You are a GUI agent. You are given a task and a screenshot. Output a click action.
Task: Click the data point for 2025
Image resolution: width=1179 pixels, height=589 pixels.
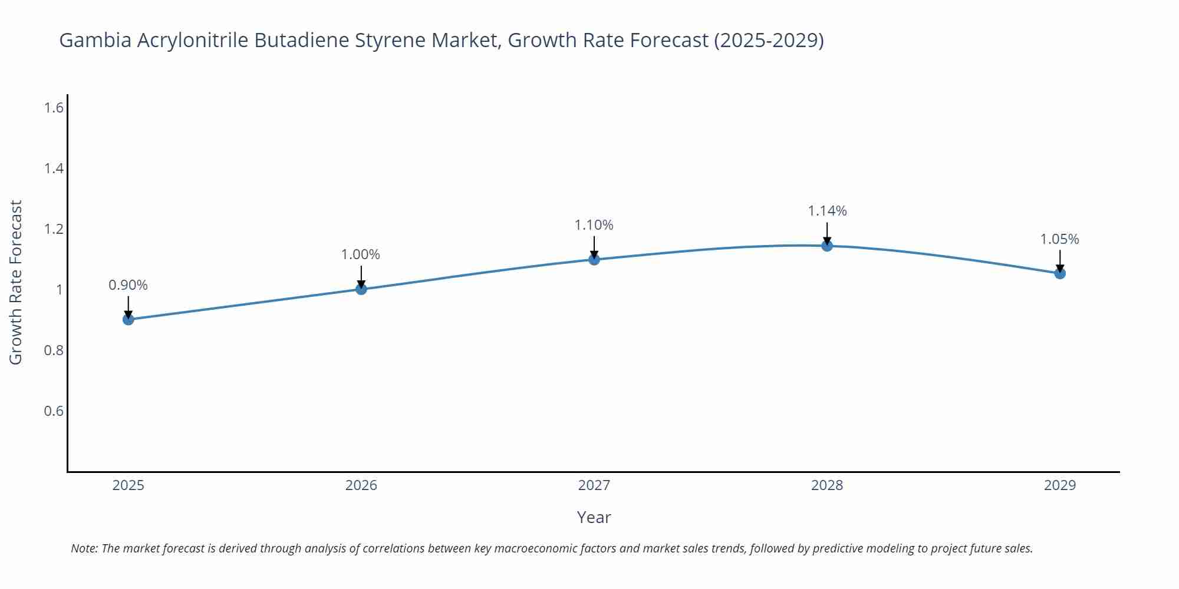point(129,319)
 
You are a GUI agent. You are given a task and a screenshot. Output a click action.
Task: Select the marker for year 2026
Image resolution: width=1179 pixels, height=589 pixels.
point(361,289)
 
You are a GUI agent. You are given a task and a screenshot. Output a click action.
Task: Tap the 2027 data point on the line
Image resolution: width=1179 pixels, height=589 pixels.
point(594,259)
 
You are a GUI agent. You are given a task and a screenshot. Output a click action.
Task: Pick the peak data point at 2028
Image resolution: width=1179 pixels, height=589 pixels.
point(827,246)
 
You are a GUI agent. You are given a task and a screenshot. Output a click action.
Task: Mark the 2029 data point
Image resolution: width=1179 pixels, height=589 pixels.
point(1060,273)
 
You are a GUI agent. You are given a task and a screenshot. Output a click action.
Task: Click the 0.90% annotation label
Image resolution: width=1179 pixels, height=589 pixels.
point(129,285)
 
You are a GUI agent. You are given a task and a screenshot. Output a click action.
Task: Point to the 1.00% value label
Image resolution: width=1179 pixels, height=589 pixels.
point(361,254)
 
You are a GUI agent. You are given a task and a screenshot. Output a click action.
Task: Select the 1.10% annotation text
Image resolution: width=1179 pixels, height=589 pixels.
point(594,225)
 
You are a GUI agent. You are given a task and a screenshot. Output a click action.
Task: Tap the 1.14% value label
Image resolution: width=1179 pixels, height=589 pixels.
point(827,211)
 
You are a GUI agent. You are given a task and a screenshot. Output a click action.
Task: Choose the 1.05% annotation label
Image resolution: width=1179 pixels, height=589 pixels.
point(1059,239)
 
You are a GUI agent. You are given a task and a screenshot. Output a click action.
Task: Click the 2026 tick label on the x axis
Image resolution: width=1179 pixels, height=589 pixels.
point(361,485)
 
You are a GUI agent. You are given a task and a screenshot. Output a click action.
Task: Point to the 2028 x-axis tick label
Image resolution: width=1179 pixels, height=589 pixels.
point(827,485)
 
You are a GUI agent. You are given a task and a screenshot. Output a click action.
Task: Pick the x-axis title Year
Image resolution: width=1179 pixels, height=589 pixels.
point(594,517)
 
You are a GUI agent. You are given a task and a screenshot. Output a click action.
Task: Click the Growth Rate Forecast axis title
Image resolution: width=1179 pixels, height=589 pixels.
point(16,282)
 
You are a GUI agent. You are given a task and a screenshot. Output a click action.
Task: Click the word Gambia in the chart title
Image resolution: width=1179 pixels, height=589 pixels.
point(95,40)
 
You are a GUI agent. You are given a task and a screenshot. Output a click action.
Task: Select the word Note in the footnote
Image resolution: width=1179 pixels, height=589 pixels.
point(84,548)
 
